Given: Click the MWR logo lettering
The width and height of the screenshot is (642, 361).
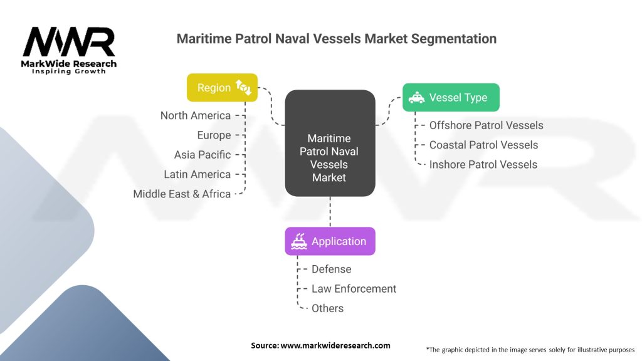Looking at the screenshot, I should coord(69,43).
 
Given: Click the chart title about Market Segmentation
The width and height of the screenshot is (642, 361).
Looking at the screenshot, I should coord(336,39).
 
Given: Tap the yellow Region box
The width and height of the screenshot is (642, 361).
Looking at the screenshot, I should coord(223,88).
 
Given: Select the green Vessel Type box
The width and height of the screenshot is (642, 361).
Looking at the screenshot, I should coord(451,98).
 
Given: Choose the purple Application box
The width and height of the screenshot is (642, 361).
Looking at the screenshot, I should coord(330,241).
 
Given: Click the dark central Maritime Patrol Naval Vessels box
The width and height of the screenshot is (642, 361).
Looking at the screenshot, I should coord(330,157).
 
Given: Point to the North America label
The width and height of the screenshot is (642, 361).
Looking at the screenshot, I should coord(196,115).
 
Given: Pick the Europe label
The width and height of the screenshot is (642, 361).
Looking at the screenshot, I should coord(214,135).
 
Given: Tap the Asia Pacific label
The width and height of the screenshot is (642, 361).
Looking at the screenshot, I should coord(203,155).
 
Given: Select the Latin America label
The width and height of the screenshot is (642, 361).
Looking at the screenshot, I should coord(197,174).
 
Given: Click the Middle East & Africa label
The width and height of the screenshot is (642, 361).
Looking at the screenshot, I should coord(182,194).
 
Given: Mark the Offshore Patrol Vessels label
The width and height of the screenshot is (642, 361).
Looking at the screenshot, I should coord(486,125).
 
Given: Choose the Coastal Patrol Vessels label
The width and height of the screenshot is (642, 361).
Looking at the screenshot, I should coord(483,145).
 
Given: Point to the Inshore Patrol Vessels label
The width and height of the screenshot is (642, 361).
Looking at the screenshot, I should coord(483,165).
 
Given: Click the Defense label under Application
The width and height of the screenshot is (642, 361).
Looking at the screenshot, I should coord(331,269).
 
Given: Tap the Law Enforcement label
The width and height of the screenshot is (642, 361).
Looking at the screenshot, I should coord(354,289).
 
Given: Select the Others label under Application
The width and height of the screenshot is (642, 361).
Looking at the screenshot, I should coord(327,308).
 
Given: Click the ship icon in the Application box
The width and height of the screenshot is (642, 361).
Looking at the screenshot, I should coord(299,241).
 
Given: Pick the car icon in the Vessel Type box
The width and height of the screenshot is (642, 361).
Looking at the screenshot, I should coord(416,98).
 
